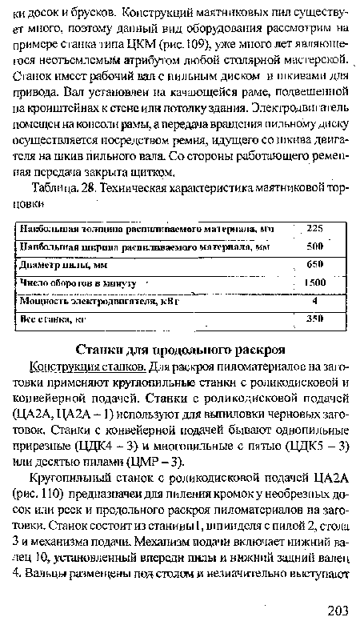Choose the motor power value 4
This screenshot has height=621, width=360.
pos(315,302)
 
